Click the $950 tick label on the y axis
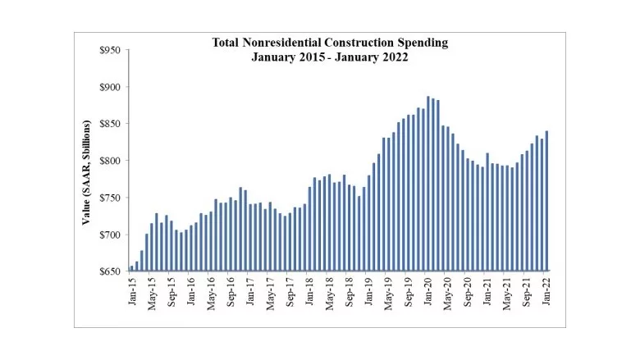coord(109,51)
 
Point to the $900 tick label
coord(109,88)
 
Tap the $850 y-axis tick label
coord(109,125)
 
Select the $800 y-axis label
coord(109,161)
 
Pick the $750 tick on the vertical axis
coord(109,198)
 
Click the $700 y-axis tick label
coord(109,235)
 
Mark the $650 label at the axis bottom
coord(109,271)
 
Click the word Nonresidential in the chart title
coord(288,42)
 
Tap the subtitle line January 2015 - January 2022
coord(331,57)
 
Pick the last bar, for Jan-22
coord(547,201)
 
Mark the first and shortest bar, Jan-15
coord(131,268)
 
